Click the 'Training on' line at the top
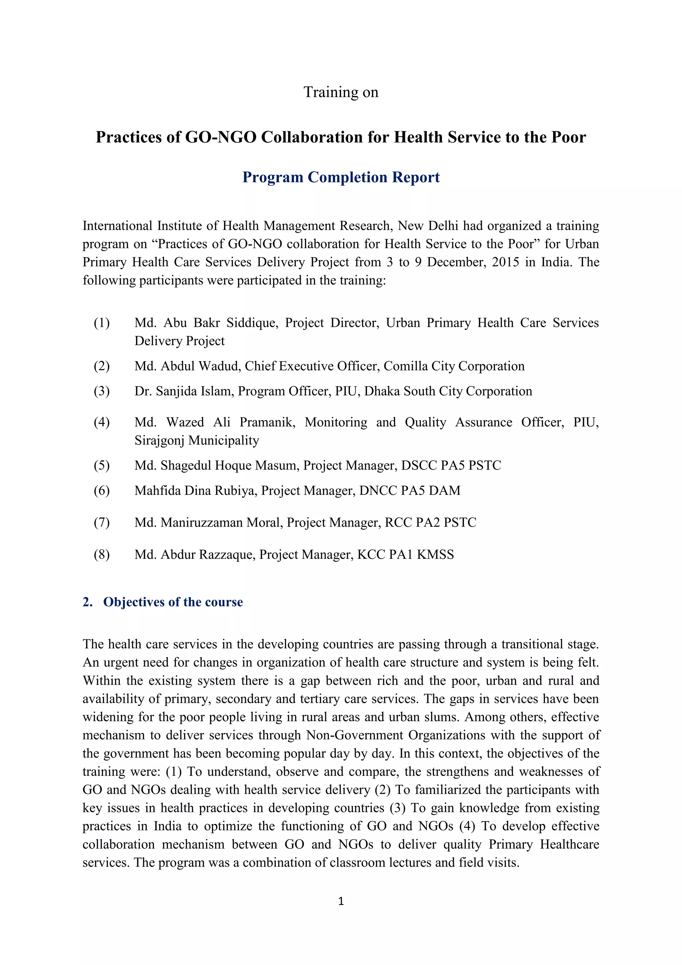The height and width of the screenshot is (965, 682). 341,92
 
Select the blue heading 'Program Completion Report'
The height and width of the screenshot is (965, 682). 341,177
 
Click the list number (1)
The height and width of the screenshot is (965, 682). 102,323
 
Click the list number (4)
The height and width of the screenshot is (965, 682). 102,422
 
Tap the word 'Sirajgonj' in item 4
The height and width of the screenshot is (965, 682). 160,441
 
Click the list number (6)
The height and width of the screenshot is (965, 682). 102,490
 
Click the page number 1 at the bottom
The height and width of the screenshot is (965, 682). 341,901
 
